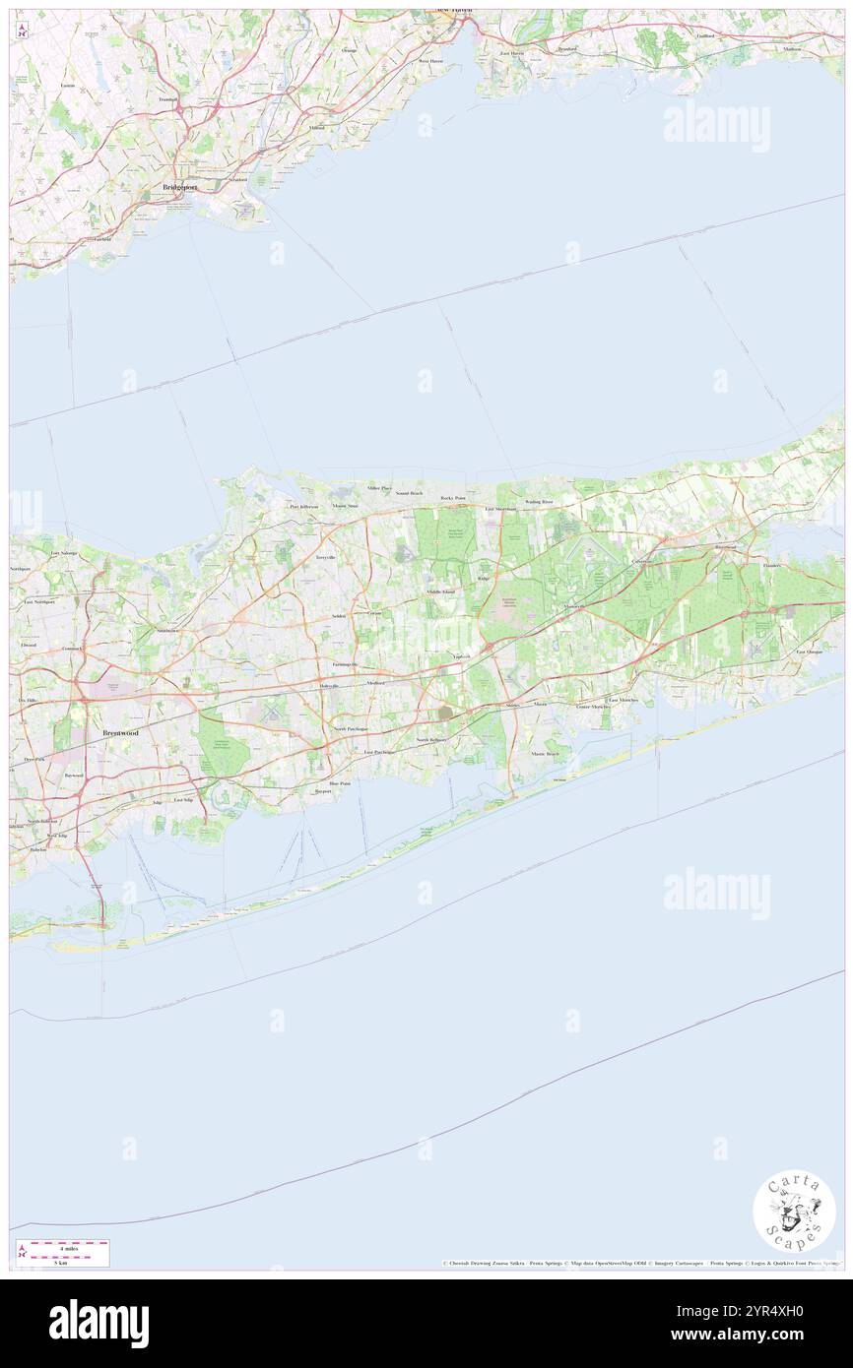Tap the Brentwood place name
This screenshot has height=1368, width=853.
point(121,733)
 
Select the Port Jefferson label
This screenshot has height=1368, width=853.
point(303,506)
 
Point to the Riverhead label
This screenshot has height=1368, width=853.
point(725,546)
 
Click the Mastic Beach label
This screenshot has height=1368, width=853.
point(545,754)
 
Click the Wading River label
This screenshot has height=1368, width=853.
point(539,501)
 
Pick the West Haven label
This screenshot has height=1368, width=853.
point(430,60)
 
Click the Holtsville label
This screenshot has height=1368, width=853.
point(328,685)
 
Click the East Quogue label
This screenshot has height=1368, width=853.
point(809,652)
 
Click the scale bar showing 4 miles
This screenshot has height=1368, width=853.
point(68,1247)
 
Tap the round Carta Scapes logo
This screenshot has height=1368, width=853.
point(794,1210)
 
